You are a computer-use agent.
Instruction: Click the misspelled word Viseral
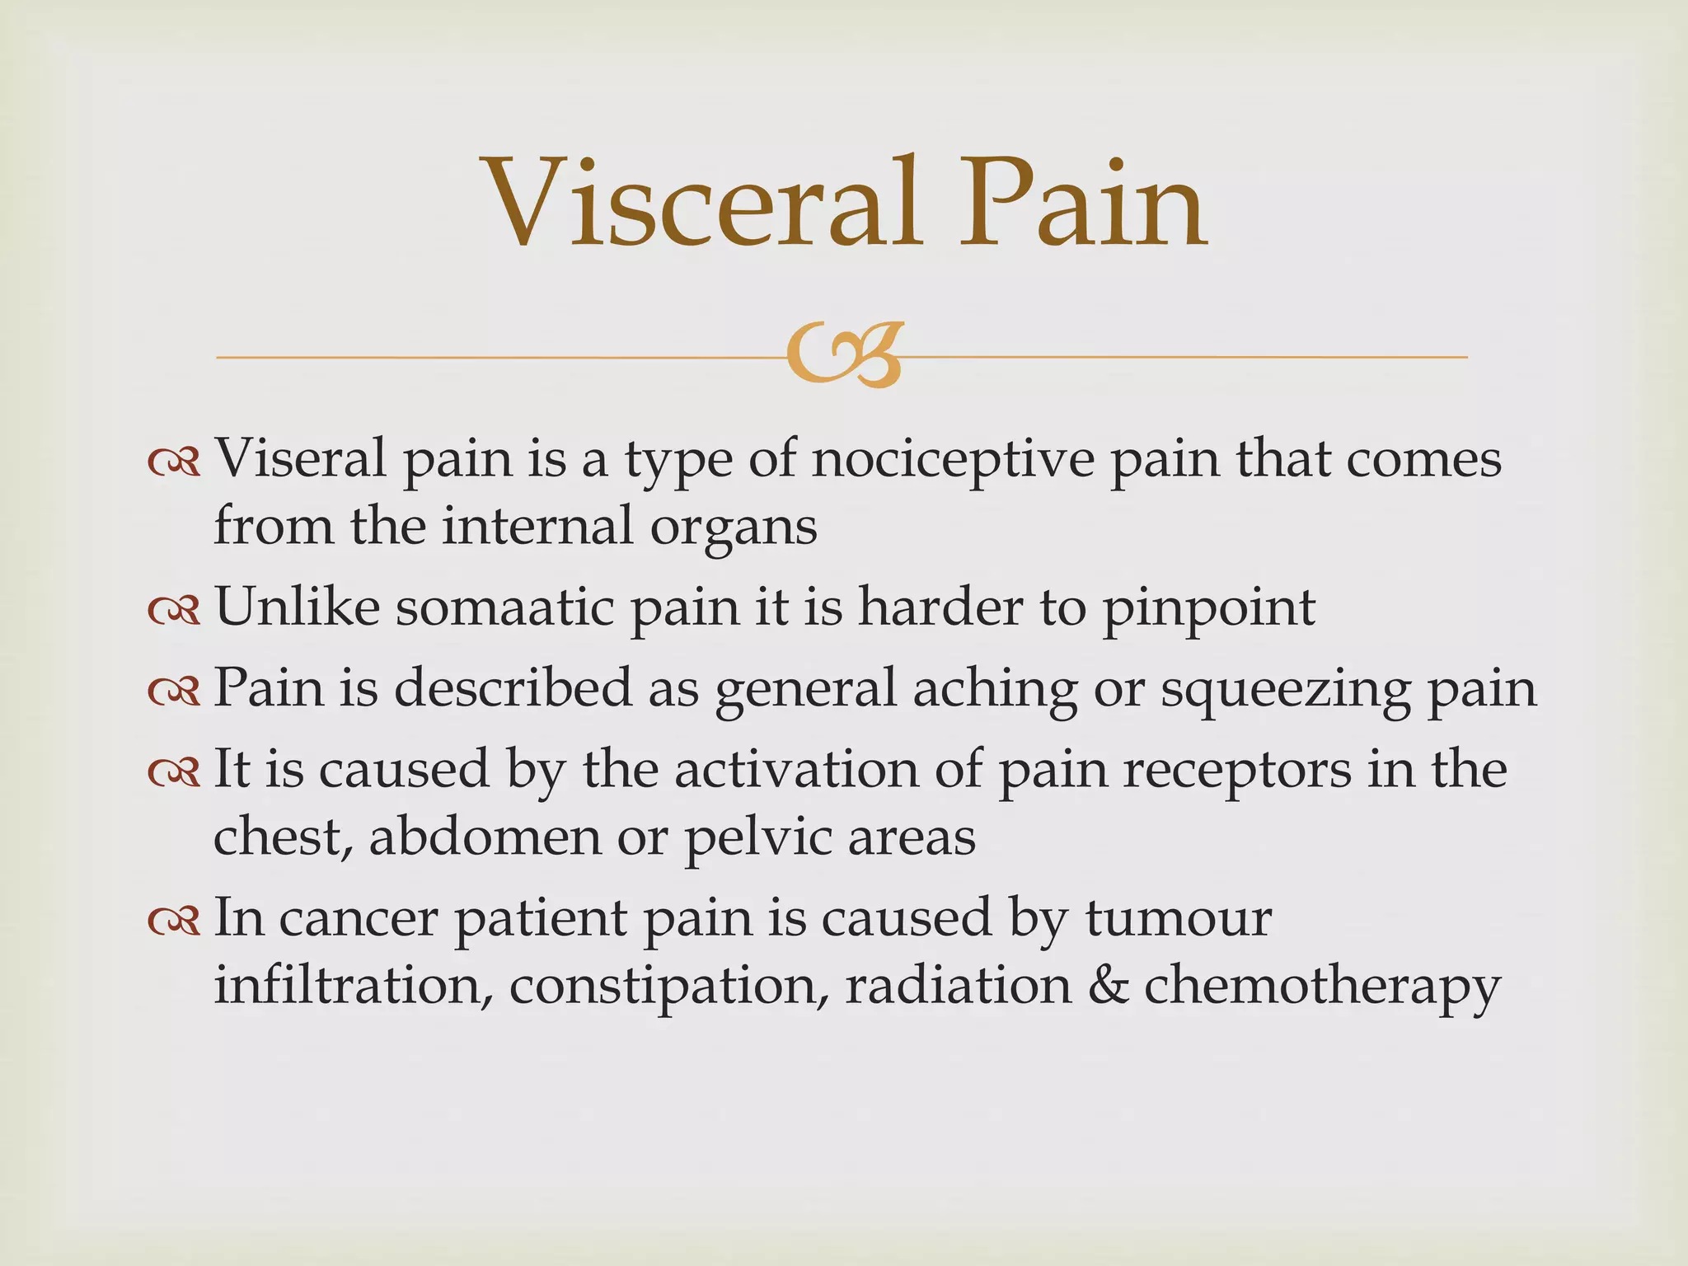300,458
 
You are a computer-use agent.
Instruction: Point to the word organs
734,528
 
